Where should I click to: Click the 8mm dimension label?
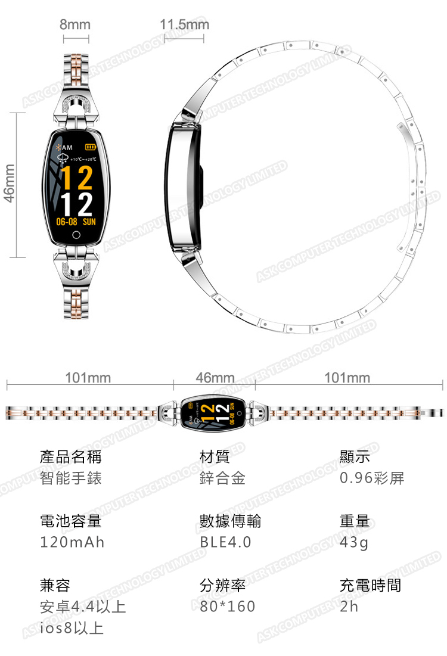click(75, 25)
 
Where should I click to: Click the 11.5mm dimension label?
click(185, 25)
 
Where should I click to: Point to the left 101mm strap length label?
click(88, 378)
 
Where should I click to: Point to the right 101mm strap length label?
click(347, 378)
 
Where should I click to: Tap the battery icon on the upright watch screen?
click(90, 147)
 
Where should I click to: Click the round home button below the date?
click(76, 234)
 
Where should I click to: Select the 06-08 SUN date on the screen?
click(76, 222)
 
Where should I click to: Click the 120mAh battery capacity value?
click(72, 542)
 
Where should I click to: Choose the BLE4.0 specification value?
click(225, 542)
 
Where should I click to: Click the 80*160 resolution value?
click(228, 607)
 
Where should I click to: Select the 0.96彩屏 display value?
click(372, 478)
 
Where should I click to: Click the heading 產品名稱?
click(70, 457)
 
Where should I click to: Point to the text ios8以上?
click(72, 627)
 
